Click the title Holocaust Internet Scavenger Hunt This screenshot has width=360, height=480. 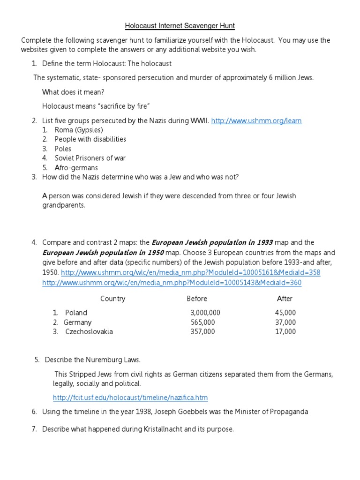tap(180, 25)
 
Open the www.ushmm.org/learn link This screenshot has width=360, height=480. tap(256, 121)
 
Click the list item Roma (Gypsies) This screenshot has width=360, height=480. tap(79, 130)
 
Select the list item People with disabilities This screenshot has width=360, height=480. tap(90, 139)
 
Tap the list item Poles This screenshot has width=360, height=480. tap(63, 149)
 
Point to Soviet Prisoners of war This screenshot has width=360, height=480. tap(90, 158)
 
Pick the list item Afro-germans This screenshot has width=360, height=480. tap(76, 167)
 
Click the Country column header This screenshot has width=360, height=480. tap(112, 299)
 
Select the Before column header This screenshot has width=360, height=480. tap(197, 299)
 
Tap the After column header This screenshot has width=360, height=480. tap(285, 299)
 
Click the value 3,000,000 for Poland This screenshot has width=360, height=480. tap(205, 313)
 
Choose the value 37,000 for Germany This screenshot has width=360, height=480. tap(285, 322)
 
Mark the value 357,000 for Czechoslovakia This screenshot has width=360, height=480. tap(202, 331)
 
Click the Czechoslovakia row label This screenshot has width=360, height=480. tap(89, 331)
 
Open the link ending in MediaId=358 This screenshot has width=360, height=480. tap(191, 273)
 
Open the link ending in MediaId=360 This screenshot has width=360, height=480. tap(172, 283)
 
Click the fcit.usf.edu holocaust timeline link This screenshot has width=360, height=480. tap(130, 397)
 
